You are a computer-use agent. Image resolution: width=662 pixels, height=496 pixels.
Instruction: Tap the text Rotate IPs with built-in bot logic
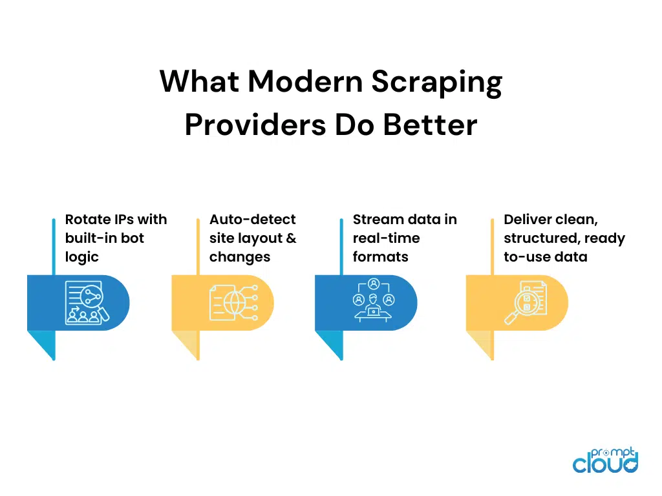tap(116, 238)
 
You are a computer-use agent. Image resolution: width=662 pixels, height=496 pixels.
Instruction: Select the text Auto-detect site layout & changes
tap(253, 238)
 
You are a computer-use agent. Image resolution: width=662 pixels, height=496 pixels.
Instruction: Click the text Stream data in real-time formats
tap(405, 238)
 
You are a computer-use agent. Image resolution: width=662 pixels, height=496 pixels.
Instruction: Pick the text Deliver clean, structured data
tap(564, 238)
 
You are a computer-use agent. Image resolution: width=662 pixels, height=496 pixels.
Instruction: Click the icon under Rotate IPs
tap(87, 302)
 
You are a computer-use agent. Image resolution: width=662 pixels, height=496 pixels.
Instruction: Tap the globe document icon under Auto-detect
tap(231, 302)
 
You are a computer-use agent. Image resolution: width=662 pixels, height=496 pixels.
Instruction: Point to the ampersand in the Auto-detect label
tap(290, 238)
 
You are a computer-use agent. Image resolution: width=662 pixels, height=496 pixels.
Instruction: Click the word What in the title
tap(199, 83)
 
